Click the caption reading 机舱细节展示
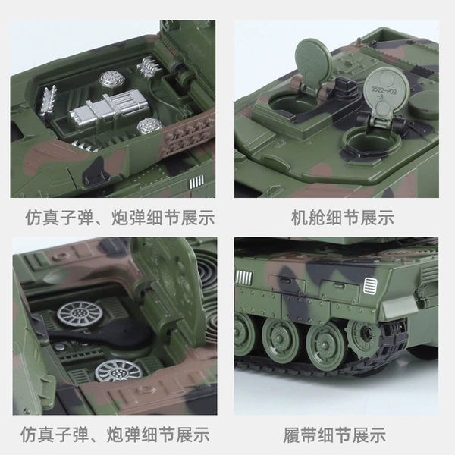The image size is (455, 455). click(343, 218)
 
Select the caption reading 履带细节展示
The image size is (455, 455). click(334, 435)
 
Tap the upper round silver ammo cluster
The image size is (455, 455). click(112, 79)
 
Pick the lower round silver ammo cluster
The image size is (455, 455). click(149, 127)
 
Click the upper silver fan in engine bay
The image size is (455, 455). click(80, 314)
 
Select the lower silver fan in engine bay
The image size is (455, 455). click(119, 371)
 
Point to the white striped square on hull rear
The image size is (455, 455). click(371, 286)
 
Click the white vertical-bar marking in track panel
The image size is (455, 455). click(244, 278)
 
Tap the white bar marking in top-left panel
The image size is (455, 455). click(196, 182)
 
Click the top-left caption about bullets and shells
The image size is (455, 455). click(120, 218)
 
